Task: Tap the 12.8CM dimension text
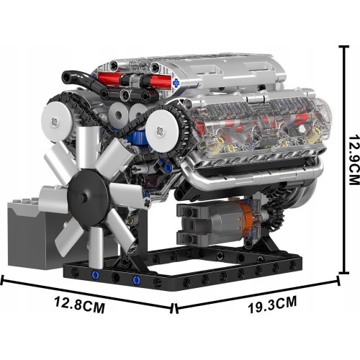(x=80, y=305)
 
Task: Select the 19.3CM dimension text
(x=272, y=305)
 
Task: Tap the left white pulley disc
(x=56, y=121)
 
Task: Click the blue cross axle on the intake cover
(x=176, y=83)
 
